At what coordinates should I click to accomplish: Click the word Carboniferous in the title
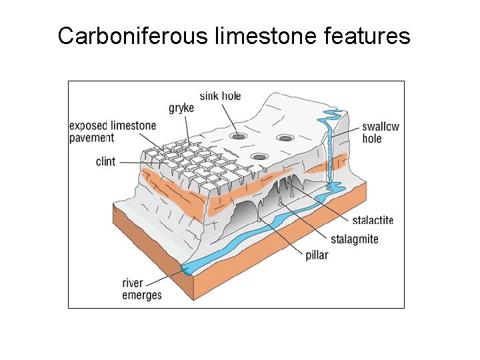(x=133, y=35)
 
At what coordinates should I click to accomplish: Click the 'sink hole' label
(x=220, y=96)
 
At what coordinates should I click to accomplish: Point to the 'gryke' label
(x=181, y=108)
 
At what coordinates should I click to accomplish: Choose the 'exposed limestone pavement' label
(x=112, y=131)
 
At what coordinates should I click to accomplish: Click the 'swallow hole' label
(x=381, y=133)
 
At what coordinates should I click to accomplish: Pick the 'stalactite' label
(x=373, y=220)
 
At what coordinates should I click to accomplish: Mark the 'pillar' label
(x=317, y=255)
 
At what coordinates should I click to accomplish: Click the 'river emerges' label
(x=141, y=289)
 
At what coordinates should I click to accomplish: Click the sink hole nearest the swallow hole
(x=286, y=139)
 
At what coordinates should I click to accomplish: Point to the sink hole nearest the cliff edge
(x=259, y=157)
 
